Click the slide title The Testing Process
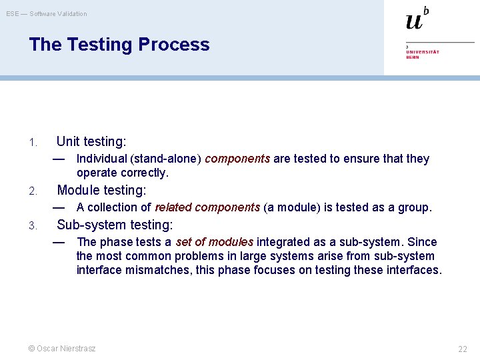point(119,45)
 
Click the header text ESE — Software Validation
point(47,14)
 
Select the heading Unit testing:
point(91,141)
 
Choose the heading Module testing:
point(101,190)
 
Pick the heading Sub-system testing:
point(115,225)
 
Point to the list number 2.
point(32,191)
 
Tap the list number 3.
point(32,226)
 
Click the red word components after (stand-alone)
point(237,159)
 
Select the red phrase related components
point(207,207)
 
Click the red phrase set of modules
point(214,242)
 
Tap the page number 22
point(463,349)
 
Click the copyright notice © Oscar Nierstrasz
point(61,348)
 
